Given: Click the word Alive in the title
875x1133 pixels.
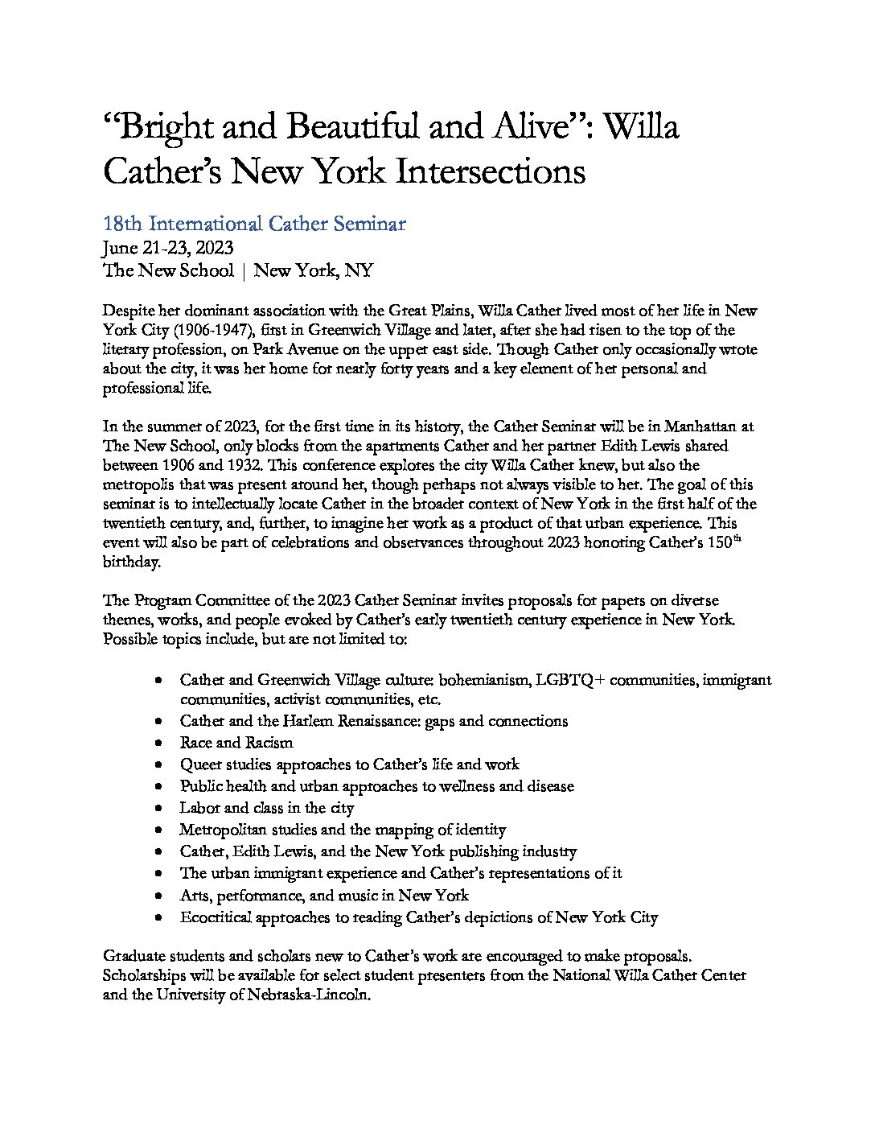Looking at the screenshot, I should pyautogui.click(x=524, y=126).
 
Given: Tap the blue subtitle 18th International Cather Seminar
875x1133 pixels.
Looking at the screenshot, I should pyautogui.click(x=254, y=224).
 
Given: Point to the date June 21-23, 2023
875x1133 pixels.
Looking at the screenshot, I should pyautogui.click(x=168, y=248).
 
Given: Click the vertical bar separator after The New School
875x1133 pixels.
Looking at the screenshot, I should pyautogui.click(x=244, y=270).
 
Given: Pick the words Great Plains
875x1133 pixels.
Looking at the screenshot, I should pyautogui.click(x=431, y=311).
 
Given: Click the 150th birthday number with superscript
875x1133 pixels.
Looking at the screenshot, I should pyautogui.click(x=717, y=542).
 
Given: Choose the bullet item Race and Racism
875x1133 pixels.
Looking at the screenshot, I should pyautogui.click(x=236, y=743).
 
